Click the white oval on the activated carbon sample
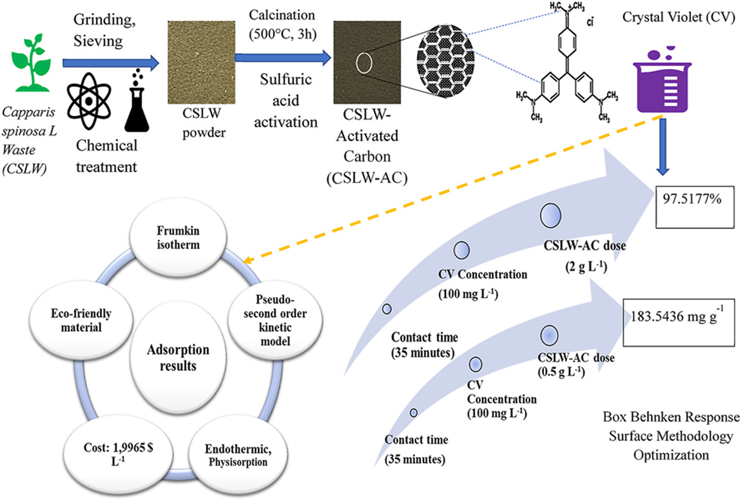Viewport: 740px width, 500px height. pos(364,62)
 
